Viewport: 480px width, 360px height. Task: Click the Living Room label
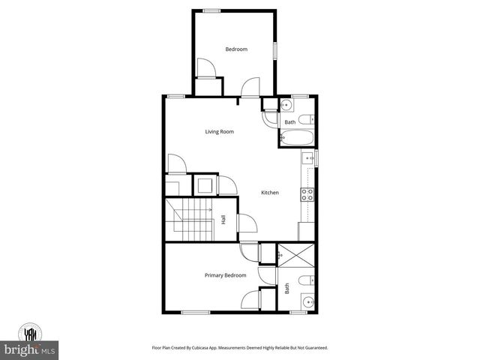pos(220,132)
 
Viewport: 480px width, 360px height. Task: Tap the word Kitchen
pos(270,193)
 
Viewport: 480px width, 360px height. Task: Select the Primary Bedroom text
pos(226,275)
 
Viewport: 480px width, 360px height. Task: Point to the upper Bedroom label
pos(236,49)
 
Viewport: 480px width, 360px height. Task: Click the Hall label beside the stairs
pos(223,220)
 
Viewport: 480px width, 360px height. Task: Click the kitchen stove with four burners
pos(307,194)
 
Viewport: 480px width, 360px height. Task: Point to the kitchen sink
pos(307,158)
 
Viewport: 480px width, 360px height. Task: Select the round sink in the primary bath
pos(307,303)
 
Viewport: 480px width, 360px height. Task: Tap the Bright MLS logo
pos(30,342)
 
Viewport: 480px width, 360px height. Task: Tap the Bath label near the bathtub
pos(289,122)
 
